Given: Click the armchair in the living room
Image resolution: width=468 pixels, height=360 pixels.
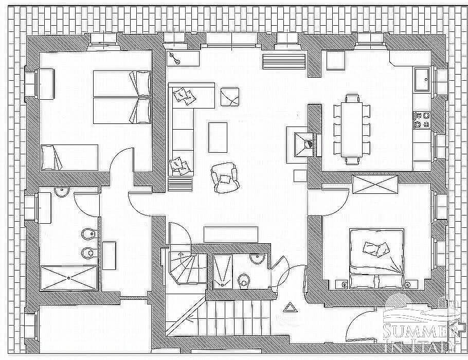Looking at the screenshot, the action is point(225,177).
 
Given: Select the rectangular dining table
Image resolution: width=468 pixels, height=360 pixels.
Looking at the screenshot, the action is point(352,130).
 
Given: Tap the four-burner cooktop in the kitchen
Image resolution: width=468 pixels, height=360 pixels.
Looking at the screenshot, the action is point(422,120).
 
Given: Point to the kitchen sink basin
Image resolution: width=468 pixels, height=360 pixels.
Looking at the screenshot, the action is point(422,79).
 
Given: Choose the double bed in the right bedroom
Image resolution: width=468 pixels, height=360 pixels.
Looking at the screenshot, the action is point(377,259).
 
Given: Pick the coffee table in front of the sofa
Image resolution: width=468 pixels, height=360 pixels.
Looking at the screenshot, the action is point(218,137).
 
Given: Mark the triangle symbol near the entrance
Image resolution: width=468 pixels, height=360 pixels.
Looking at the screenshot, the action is point(289,308).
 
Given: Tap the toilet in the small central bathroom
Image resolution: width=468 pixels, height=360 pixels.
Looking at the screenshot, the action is point(244,281).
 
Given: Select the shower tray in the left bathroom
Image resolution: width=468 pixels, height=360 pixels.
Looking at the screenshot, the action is point(68,278).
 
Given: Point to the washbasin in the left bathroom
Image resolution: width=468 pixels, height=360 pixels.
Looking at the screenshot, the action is point(62,192).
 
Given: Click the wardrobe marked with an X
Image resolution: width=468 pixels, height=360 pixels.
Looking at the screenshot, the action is point(375,185).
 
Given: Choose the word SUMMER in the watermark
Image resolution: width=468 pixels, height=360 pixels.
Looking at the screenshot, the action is point(421,331).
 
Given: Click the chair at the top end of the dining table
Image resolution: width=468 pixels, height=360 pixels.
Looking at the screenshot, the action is point(352,99).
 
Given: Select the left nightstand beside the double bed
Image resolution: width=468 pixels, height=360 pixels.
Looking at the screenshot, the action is point(343,285).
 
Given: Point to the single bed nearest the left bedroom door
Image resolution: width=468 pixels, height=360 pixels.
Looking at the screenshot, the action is point(69,157).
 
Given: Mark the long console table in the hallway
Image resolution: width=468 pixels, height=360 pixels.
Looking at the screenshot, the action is point(231,235).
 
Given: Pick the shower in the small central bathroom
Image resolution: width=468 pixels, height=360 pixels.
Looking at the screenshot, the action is point(222,272).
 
